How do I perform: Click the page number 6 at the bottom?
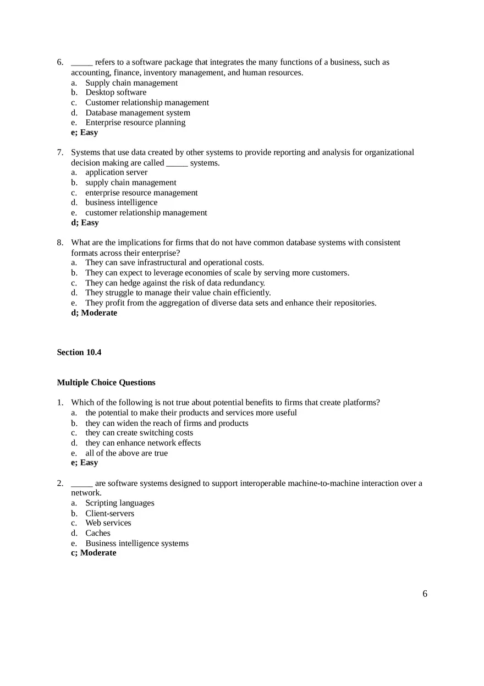click(x=425, y=594)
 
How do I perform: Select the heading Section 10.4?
click(x=79, y=353)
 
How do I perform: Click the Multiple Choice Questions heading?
click(x=106, y=382)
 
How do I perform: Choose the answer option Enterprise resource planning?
click(x=135, y=123)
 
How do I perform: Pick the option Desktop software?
click(x=116, y=92)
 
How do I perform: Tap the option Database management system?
click(x=137, y=113)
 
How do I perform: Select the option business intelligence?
click(x=122, y=202)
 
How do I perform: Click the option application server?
click(x=116, y=172)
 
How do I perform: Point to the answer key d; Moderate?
click(x=94, y=313)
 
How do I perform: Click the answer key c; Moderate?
click(x=94, y=553)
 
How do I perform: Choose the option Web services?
click(x=108, y=523)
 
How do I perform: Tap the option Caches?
click(x=98, y=533)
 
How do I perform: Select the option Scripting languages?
click(x=120, y=503)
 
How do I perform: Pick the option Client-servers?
click(x=109, y=513)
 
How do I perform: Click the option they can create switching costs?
click(x=139, y=433)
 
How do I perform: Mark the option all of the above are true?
click(x=127, y=453)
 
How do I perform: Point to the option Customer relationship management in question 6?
click(x=147, y=103)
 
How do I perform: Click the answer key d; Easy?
click(x=85, y=223)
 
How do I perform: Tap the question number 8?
click(x=60, y=243)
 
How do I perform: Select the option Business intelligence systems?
click(x=137, y=544)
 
